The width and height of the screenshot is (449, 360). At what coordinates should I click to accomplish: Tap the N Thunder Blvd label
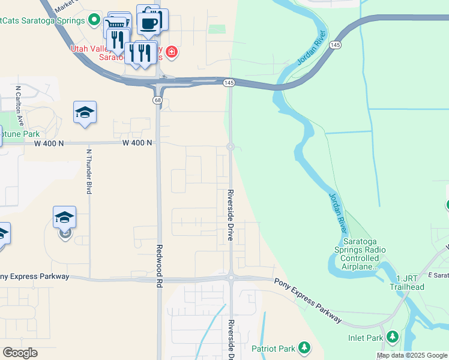pos(89,172)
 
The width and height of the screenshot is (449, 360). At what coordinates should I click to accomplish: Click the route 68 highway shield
pos(157,100)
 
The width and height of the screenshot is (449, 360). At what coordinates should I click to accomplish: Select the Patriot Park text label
pos(273,349)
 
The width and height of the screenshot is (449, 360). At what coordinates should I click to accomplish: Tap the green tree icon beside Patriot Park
pos(304,347)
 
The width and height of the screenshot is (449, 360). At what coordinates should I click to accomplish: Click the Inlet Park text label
pos(366,338)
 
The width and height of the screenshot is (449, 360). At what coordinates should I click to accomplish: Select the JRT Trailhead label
pos(410,283)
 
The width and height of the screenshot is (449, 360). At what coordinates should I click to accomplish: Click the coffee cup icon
pos(148,23)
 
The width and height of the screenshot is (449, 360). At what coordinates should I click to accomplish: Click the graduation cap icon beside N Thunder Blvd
pos(85,112)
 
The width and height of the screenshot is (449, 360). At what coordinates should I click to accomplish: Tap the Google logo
pos(20,353)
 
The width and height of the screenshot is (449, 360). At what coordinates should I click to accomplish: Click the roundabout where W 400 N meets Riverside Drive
pos(230,146)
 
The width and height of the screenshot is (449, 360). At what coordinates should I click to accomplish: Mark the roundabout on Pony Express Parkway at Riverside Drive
pos(231,277)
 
